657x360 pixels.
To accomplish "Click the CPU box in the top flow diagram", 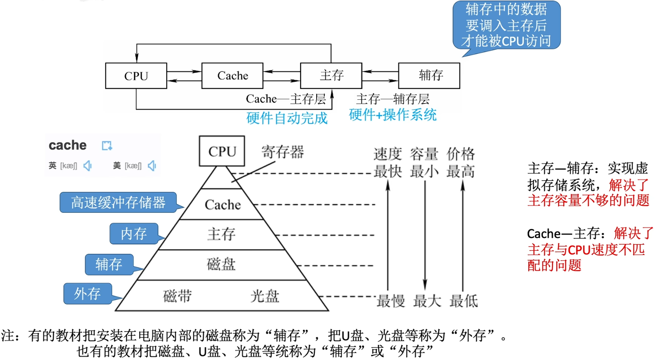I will [x=136, y=76].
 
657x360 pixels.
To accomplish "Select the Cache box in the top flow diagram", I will [x=232, y=76].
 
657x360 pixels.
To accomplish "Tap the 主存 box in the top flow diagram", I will [x=331, y=76].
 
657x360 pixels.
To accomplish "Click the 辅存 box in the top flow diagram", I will [x=429, y=76].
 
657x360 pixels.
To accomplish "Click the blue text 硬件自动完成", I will [x=287, y=118].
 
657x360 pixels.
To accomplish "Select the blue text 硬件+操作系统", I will [x=392, y=114].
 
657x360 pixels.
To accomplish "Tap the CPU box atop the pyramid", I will [x=222, y=151].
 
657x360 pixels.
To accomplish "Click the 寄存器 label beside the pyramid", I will [x=283, y=152].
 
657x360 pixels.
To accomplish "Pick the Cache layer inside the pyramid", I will [x=222, y=205].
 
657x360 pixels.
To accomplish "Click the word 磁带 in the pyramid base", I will [x=178, y=296].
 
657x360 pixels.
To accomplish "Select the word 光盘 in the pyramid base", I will [x=265, y=296].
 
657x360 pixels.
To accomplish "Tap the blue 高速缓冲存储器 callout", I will [x=118, y=202].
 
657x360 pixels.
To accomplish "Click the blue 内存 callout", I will [x=134, y=234].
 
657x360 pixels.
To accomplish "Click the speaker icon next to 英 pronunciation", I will [x=87, y=166].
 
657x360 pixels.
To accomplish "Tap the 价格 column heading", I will [x=461, y=154].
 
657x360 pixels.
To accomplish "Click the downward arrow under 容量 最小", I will [x=425, y=237].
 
